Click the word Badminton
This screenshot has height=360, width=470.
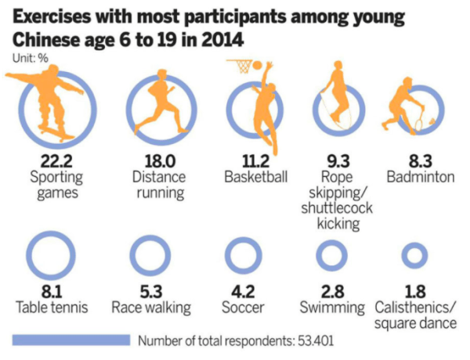tap(420, 178)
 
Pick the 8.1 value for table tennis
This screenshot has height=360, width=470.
tap(52, 290)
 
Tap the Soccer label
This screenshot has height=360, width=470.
tap(246, 307)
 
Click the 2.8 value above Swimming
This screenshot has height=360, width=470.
tap(332, 290)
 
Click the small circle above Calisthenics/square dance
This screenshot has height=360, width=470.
tap(414, 255)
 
